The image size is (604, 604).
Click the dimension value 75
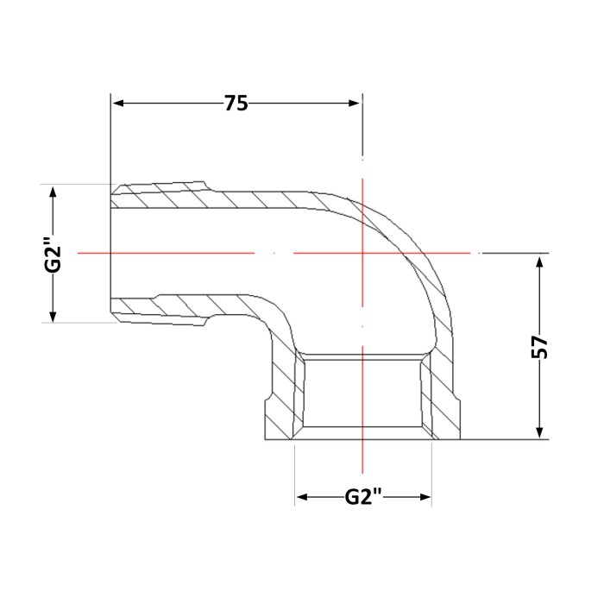(x=236, y=104)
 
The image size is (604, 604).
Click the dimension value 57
(x=539, y=347)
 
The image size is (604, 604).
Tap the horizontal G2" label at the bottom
(x=363, y=496)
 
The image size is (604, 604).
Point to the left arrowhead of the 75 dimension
(x=118, y=104)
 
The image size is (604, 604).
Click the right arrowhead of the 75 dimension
(x=354, y=104)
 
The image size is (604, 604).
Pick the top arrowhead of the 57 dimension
(x=539, y=262)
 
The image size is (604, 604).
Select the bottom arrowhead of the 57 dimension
(x=539, y=432)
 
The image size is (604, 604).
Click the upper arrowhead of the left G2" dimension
(x=53, y=192)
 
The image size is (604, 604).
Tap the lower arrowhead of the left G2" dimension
(x=53, y=316)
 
